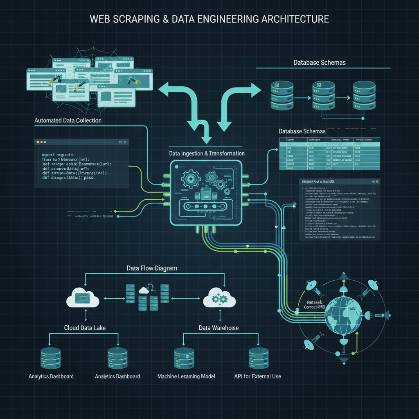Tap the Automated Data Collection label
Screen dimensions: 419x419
(x=68, y=120)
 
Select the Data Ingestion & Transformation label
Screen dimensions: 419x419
(x=207, y=153)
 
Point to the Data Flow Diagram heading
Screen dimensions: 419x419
(x=152, y=268)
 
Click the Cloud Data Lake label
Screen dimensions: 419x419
(x=86, y=328)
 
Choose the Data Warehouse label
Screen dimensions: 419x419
(x=219, y=328)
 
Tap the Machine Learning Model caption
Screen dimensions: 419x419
(x=186, y=376)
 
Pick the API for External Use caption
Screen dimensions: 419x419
(x=257, y=376)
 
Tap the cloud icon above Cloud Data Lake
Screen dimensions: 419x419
(x=83, y=298)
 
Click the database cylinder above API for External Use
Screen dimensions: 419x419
(x=259, y=358)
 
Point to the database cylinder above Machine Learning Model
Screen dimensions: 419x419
(x=184, y=358)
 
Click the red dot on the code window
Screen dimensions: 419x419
(x=38, y=142)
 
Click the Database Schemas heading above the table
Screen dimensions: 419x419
(x=302, y=131)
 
